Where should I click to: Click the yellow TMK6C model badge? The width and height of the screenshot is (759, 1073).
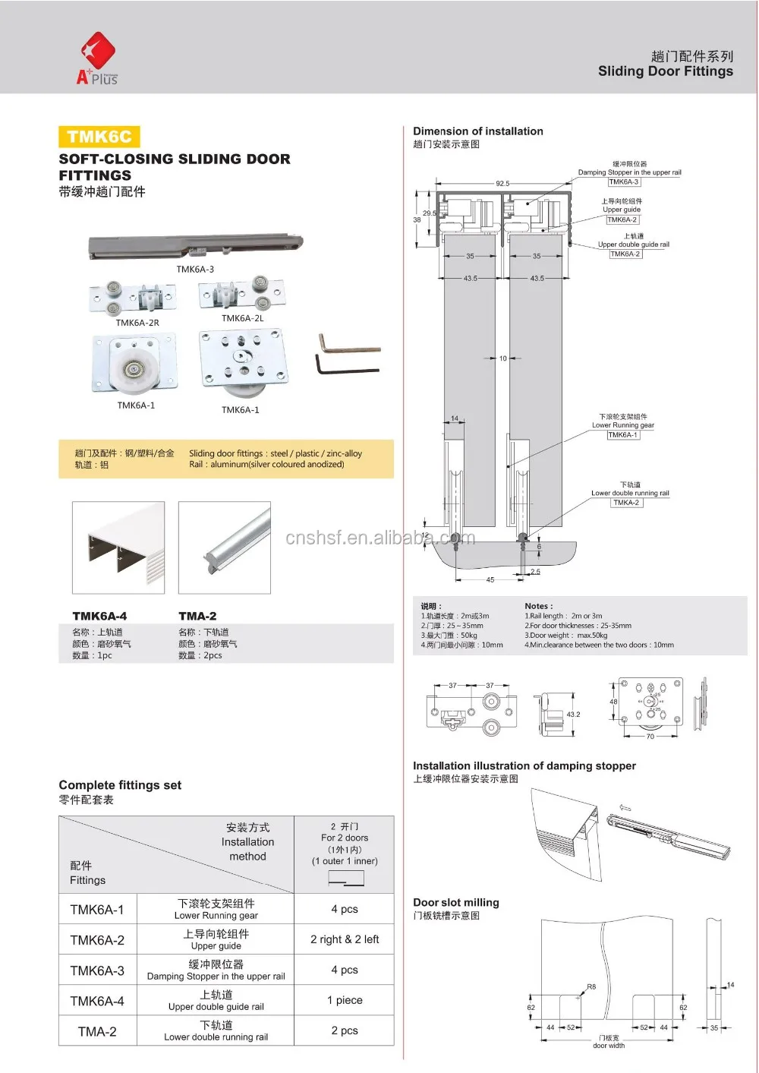(99, 137)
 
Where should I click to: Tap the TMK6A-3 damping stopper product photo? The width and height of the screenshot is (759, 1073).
(194, 246)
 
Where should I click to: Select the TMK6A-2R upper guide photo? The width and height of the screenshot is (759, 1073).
(133, 298)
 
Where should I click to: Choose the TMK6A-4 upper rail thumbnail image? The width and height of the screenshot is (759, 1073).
(118, 548)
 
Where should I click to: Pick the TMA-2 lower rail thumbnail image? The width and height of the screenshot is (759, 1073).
(225, 548)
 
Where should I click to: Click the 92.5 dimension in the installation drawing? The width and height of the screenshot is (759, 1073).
(502, 184)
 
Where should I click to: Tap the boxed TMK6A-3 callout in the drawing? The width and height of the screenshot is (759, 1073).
(624, 182)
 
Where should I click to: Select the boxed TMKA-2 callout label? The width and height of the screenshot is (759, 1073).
(626, 503)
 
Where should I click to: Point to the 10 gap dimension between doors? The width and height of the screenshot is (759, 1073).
(502, 358)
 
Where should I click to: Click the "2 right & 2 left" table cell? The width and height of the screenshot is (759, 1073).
(345, 939)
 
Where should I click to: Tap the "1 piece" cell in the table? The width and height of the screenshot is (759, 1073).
(345, 1000)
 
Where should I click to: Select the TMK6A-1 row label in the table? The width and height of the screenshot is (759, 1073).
(97, 909)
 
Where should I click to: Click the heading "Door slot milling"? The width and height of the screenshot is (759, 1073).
(456, 902)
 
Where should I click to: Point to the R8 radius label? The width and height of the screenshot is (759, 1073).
(591, 987)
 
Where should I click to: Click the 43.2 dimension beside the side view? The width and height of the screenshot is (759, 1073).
(573, 715)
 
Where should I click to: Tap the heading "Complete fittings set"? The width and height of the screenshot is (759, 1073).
(120, 785)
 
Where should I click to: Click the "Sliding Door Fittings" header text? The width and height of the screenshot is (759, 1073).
(666, 71)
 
